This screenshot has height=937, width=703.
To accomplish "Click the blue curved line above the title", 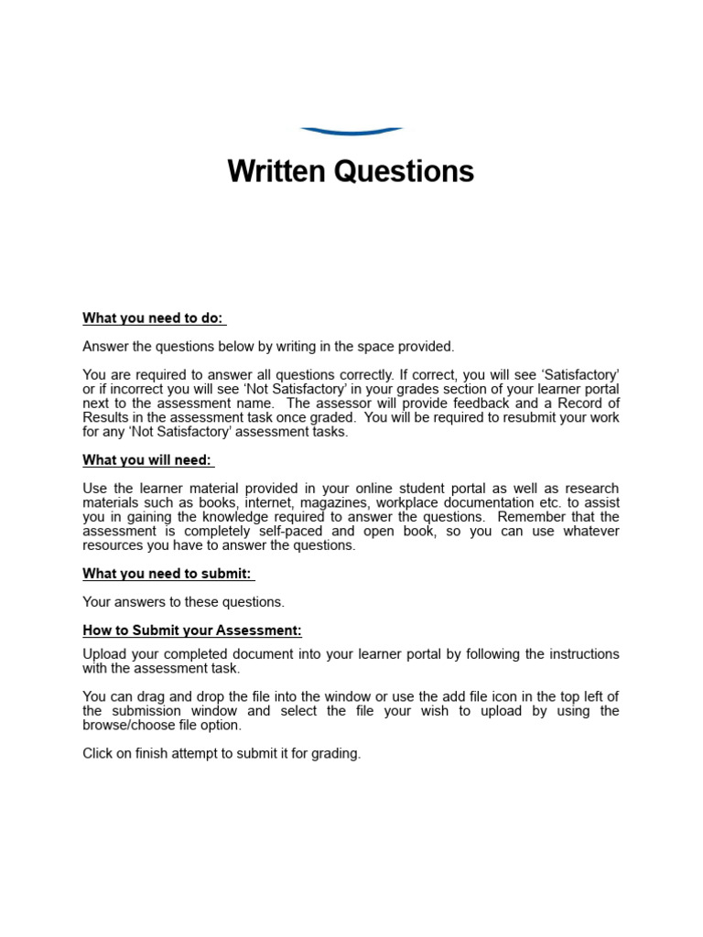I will tap(351, 132).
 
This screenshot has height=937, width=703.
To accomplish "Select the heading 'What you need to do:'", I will tap(153, 318).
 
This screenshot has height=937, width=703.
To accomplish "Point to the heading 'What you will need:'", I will tap(147, 459).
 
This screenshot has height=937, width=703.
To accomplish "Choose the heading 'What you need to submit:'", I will tap(168, 573).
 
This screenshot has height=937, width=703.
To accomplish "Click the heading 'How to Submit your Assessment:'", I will tap(192, 630).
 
